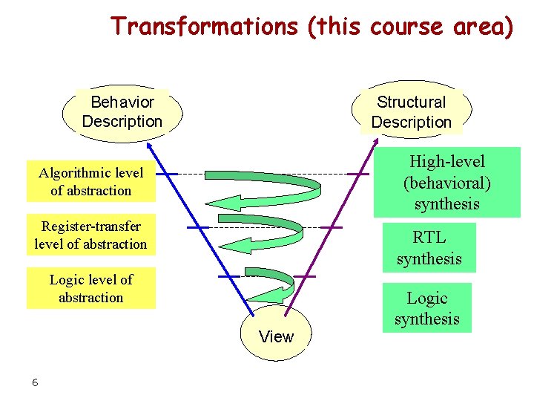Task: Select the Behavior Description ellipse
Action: click(122, 111)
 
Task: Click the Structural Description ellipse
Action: click(412, 112)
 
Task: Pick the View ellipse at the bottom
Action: click(277, 334)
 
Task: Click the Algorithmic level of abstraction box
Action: click(91, 181)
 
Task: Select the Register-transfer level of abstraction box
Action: click(91, 235)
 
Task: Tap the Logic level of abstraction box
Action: click(91, 288)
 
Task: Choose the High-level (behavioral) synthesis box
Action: click(446, 182)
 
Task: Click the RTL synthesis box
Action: click(429, 248)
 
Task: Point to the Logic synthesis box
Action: click(427, 308)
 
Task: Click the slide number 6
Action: click(35, 382)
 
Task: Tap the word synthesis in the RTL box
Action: click(429, 258)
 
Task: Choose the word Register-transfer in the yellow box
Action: click(91, 226)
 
